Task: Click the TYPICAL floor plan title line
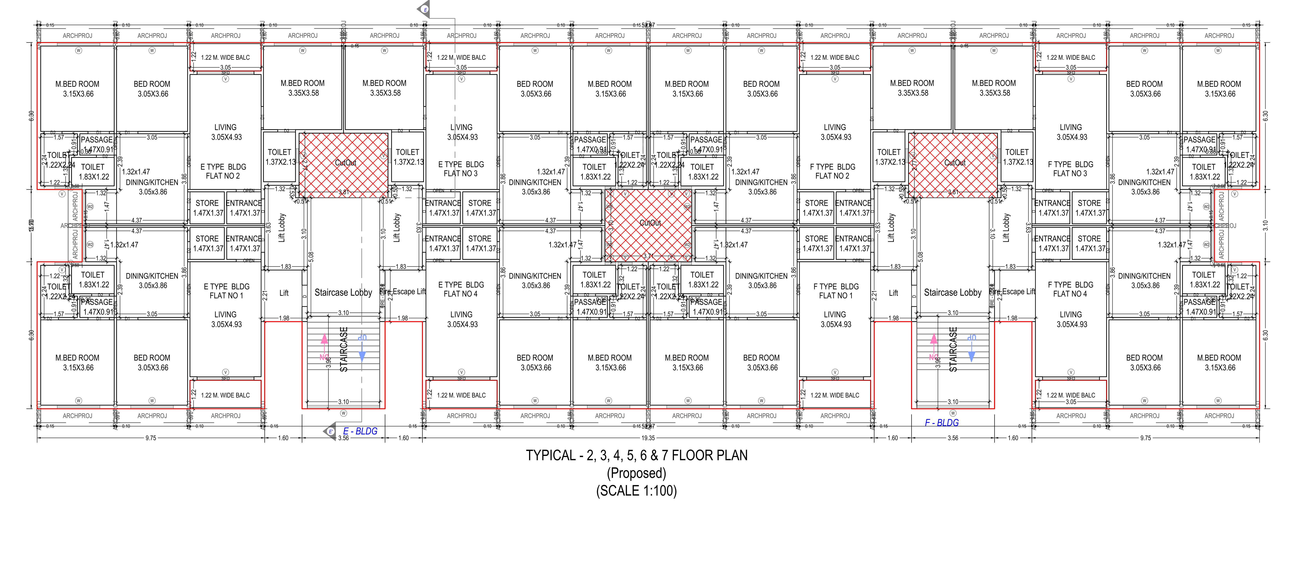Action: [x=636, y=456]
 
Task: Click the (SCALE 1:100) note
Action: [x=636, y=491]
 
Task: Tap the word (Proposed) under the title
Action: [x=636, y=473]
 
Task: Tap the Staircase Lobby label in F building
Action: [x=952, y=293]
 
